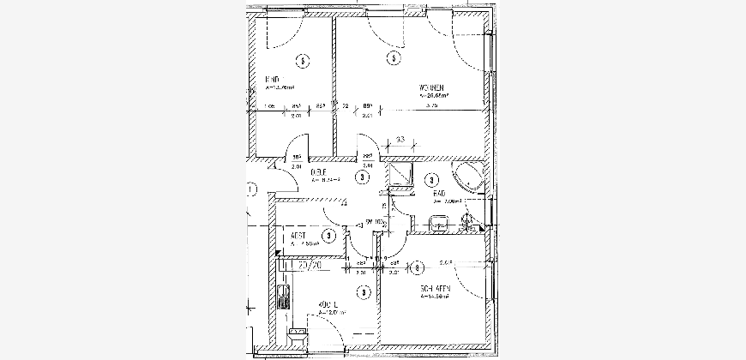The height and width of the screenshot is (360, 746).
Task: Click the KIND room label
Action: coord(273,80)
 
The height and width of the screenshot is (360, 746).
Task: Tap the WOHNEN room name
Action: coord(431,88)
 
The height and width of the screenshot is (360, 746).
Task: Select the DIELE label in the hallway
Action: coord(319,173)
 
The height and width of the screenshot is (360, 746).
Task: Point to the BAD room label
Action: coord(440,195)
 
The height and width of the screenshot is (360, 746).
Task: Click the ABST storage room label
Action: coord(299,235)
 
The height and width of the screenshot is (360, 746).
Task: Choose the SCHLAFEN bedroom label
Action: coord(436,289)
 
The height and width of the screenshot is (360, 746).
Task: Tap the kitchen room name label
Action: coord(328,305)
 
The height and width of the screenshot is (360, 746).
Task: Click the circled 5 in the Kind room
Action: coord(301,60)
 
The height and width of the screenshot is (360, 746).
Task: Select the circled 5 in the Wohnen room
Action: coord(393,59)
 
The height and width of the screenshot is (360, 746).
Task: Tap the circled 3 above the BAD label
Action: coord(433,180)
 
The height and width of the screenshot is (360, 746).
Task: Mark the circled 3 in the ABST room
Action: coord(328,235)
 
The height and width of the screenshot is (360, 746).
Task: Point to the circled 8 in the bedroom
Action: coord(416,268)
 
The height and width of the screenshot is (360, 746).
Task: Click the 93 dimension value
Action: coord(400,141)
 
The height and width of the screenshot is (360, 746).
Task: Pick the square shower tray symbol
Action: coord(400,176)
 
